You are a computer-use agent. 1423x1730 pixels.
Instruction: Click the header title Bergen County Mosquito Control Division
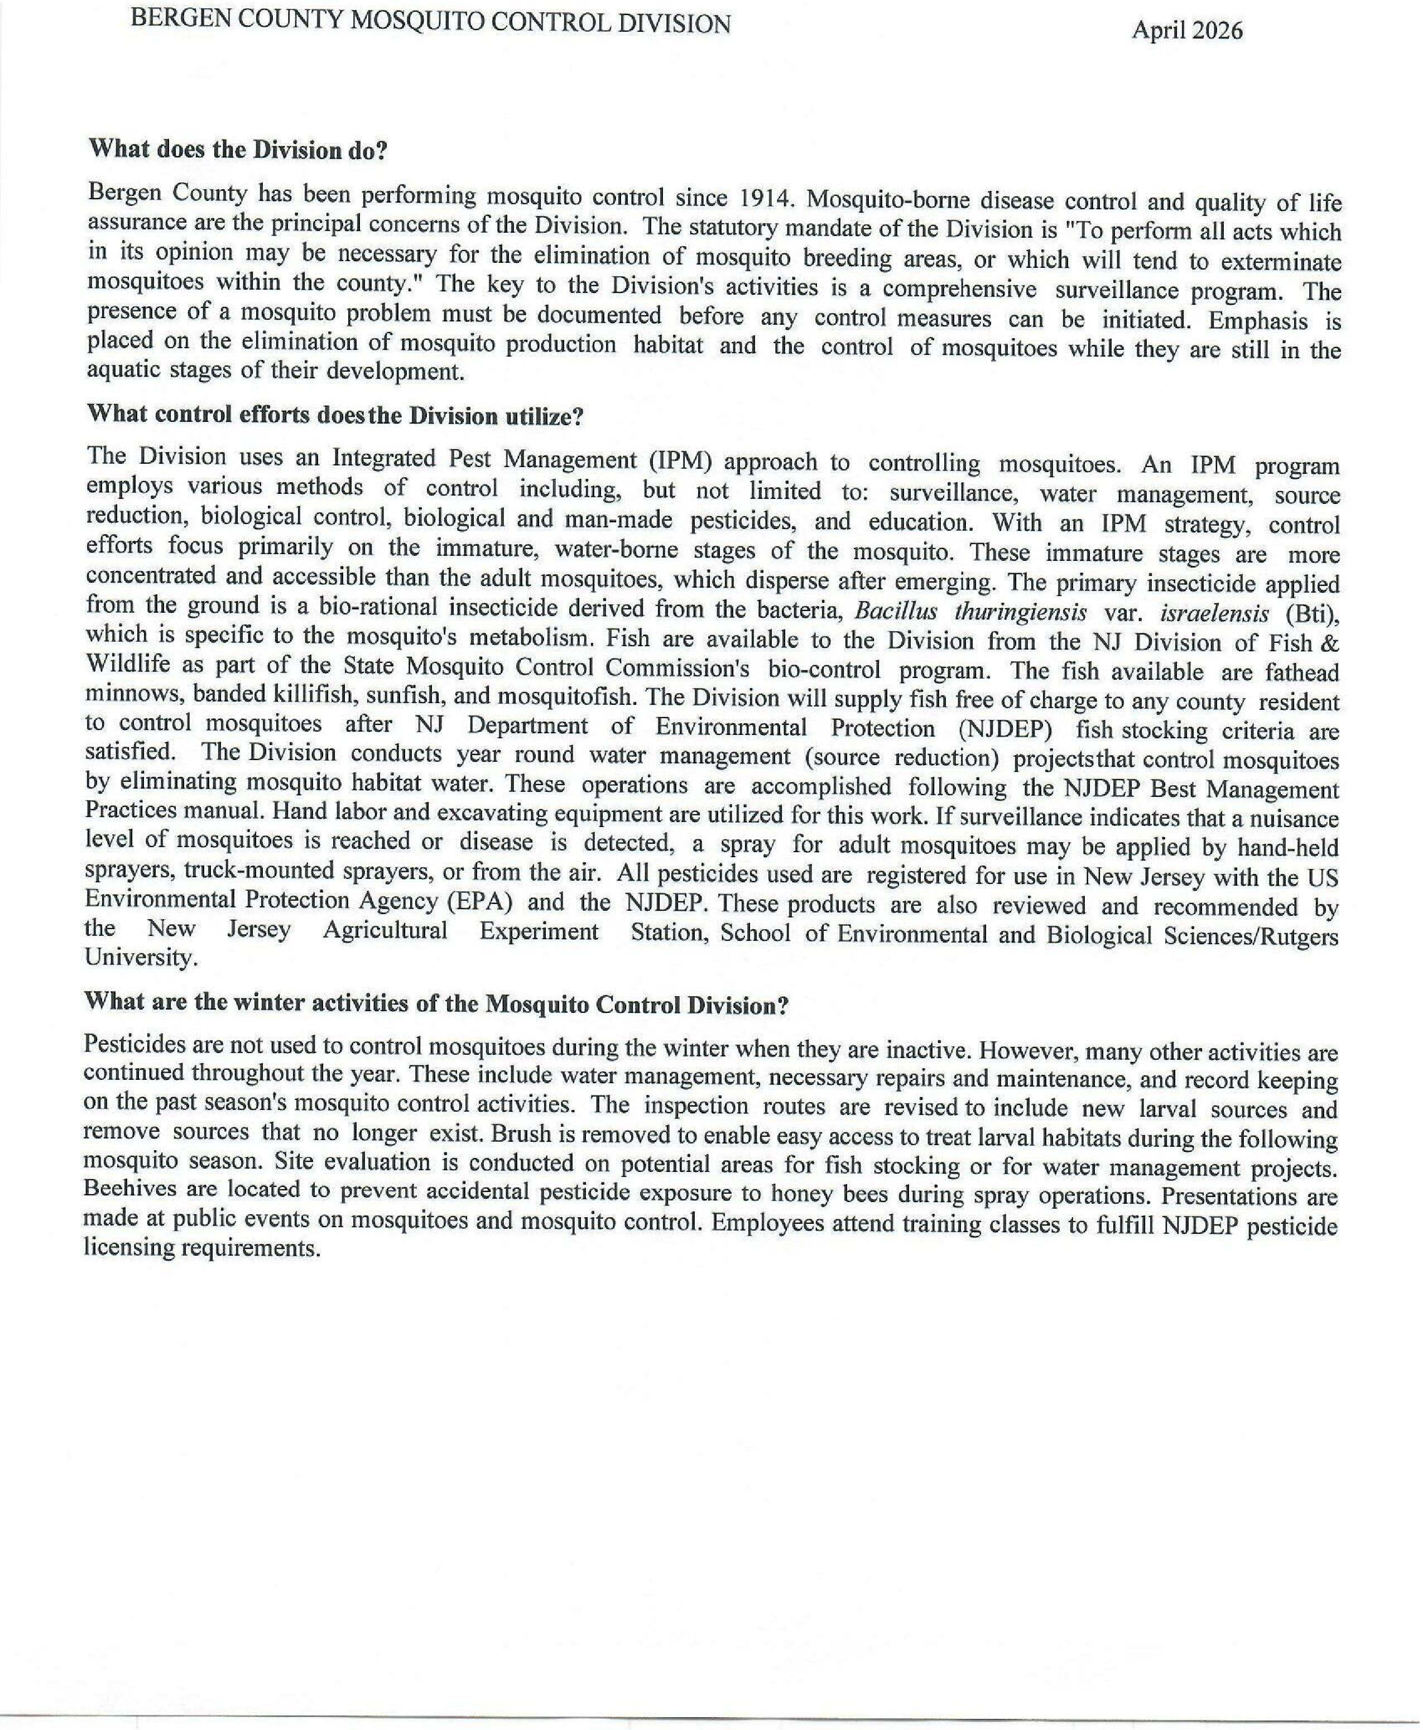pos(430,24)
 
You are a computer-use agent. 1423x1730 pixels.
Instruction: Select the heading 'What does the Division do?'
pos(237,150)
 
